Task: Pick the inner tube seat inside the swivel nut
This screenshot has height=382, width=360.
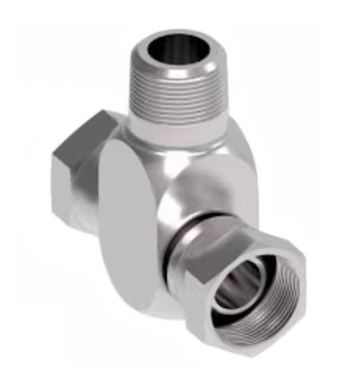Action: [235, 284]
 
